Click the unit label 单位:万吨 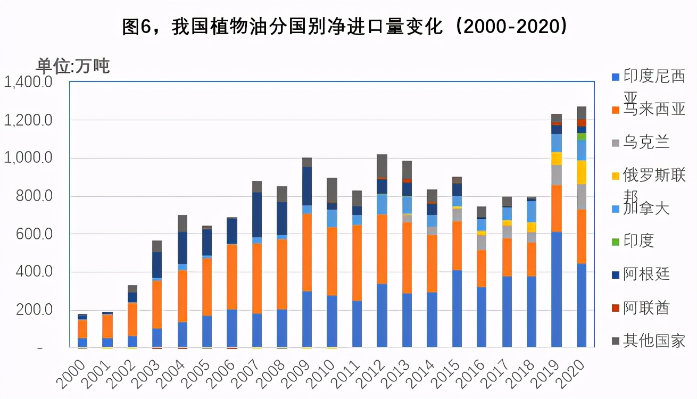(x=72, y=66)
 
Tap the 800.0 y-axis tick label (x=34, y=196)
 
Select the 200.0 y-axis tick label (x=34, y=310)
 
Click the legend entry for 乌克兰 (x=646, y=142)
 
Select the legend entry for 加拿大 (x=646, y=208)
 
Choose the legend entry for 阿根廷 (x=646, y=274)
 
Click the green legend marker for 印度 (x=616, y=242)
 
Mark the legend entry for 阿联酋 (x=646, y=307)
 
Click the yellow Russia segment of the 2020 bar (x=582, y=172)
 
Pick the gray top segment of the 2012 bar (x=382, y=166)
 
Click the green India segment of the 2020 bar (x=582, y=136)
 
